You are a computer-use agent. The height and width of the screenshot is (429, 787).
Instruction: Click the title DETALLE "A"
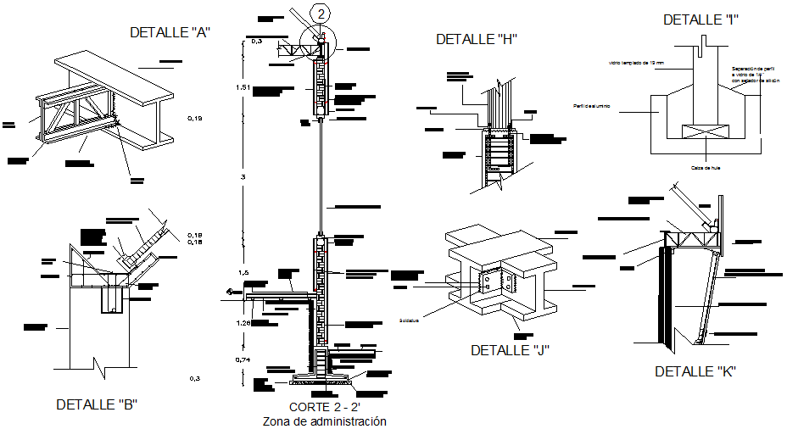click(170, 32)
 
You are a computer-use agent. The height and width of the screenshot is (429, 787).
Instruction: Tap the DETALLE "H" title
click(476, 39)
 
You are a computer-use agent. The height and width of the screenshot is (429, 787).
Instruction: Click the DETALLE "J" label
click(511, 350)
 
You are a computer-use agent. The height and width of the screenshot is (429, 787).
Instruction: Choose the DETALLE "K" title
click(695, 371)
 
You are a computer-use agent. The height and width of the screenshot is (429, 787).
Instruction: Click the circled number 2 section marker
click(320, 13)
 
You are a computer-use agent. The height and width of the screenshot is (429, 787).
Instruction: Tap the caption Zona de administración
click(324, 421)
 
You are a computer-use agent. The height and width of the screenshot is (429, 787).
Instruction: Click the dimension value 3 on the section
click(244, 176)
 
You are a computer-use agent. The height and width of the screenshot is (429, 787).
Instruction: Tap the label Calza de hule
click(705, 167)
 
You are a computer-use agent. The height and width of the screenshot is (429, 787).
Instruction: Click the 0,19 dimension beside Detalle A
click(195, 119)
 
